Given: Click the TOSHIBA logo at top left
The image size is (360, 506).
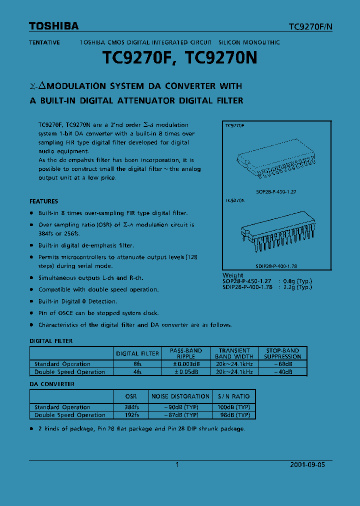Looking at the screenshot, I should [53, 26].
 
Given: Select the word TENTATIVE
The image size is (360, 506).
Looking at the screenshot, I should [44, 42].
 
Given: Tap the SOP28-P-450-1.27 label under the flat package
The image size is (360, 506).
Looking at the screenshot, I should [275, 191].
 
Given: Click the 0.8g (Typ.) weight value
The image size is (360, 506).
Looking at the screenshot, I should [297, 281].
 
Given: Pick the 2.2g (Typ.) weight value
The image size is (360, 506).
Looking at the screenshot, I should [297, 287].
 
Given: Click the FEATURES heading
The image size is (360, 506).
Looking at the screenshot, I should [44, 201].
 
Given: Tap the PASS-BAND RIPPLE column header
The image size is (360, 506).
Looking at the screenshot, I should [185, 353].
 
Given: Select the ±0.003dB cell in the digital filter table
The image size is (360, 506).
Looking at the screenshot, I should [185, 364].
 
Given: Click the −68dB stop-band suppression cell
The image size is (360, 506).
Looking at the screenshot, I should [282, 364].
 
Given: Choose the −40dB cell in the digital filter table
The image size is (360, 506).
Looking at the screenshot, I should [282, 372].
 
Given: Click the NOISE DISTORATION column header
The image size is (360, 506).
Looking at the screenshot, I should [180, 396].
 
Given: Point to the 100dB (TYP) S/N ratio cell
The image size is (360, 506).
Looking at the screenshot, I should [234, 407].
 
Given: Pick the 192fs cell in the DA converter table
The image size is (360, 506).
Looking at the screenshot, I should [131, 415].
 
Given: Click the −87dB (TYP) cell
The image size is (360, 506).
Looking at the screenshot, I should [180, 415].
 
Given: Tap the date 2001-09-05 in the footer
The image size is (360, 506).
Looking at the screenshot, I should [307, 464].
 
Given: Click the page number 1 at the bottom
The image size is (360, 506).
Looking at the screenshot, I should [177, 464].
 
